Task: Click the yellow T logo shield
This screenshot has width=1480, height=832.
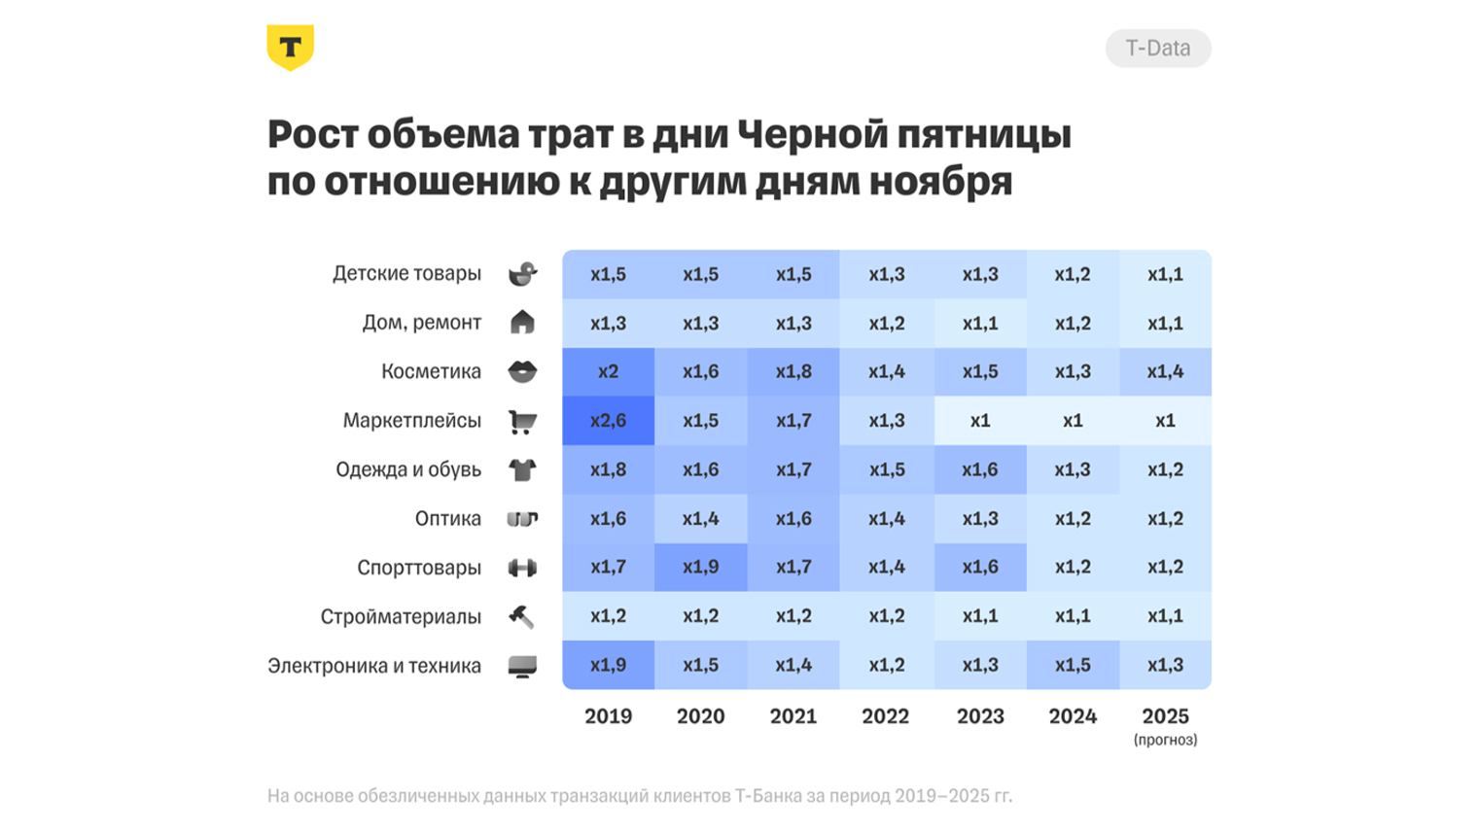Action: pos(290,48)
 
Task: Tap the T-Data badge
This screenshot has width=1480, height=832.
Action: pos(1157,49)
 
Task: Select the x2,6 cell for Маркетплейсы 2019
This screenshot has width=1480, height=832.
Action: pos(608,421)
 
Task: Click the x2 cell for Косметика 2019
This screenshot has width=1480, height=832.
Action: pos(608,371)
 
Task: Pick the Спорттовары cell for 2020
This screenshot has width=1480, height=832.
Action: pos(700,567)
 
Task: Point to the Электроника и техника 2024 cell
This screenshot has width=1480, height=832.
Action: pos(1073,665)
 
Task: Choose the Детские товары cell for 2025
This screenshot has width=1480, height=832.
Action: pos(1165,274)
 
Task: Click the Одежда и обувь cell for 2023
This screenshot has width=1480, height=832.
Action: pos(979,469)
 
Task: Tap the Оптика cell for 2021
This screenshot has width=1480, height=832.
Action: pos(793,518)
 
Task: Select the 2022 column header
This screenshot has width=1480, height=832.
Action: pos(885,716)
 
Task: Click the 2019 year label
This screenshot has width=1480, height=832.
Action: pos(608,716)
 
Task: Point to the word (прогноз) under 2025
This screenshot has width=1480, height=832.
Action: pos(1165,740)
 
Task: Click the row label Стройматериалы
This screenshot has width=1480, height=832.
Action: pos(401,616)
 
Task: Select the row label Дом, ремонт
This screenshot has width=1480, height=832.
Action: pos(421,323)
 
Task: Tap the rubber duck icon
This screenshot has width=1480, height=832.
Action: pos(522,274)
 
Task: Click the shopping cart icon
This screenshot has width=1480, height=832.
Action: pos(522,421)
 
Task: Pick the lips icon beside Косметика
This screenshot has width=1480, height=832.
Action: pos(522,371)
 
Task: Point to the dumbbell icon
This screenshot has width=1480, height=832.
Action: pos(522,568)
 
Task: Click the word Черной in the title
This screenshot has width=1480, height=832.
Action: pos(812,134)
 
